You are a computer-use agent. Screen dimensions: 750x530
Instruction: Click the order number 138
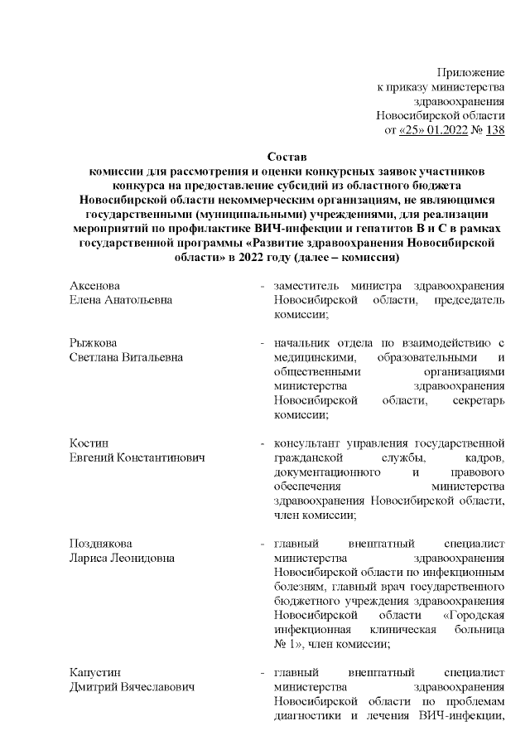coord(495,129)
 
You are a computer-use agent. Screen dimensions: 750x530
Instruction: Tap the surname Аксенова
coord(94,286)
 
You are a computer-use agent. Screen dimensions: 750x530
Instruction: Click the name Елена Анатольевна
coord(121,300)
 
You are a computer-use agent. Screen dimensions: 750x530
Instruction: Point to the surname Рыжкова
coord(93,343)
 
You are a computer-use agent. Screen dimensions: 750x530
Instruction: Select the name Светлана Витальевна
coord(126,357)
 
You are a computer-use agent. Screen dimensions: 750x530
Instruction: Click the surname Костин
coord(88,443)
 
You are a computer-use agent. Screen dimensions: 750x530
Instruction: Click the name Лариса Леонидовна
coord(122,558)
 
